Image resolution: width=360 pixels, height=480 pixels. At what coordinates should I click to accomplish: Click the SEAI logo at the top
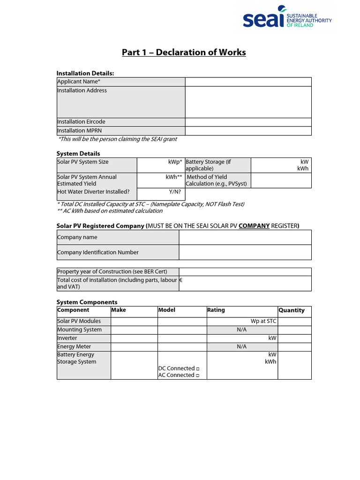287,17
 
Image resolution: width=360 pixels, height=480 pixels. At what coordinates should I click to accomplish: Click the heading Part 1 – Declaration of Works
184,52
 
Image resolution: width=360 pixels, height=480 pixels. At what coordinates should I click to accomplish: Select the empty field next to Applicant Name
248,82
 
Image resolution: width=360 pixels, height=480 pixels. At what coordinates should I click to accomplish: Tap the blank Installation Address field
248,102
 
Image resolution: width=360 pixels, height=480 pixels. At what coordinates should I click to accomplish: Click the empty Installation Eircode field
248,122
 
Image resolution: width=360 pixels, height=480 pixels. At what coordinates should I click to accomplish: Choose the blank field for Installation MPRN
248,131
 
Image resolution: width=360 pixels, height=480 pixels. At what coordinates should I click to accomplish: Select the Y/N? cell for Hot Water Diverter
161,192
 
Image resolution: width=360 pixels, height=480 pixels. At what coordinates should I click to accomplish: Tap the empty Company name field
245,237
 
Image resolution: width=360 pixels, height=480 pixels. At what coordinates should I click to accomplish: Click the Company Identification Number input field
245,252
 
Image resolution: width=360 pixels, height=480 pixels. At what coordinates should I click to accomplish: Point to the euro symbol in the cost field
181,280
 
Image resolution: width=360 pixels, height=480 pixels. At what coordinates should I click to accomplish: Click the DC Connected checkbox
198,369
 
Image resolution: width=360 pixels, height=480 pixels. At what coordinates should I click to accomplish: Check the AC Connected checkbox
198,375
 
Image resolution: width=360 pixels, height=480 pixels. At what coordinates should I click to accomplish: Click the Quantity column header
292,310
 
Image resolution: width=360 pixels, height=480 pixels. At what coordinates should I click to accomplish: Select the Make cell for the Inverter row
134,338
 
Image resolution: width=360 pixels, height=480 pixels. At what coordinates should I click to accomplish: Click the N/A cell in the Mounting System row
242,330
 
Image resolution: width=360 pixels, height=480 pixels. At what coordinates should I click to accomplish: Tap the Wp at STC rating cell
242,321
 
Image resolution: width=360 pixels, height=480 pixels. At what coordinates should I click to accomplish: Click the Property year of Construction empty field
245,272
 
